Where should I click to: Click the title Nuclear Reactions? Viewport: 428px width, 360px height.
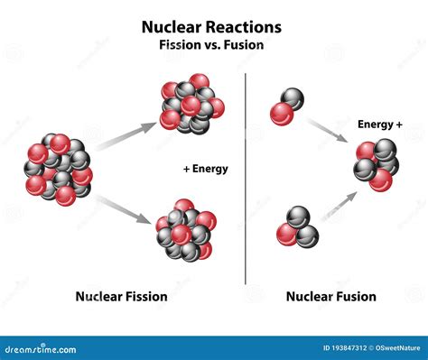coord(212,27)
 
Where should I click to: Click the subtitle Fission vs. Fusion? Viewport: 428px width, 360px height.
coord(212,45)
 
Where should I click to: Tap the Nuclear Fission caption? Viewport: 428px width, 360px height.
coord(121,295)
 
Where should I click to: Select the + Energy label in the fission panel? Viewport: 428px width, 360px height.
coord(204,169)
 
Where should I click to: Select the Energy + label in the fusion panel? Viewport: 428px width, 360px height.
coord(380,124)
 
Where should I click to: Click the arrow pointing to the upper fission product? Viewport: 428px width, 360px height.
coord(126,135)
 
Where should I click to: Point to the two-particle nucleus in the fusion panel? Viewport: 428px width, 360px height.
coord(287,106)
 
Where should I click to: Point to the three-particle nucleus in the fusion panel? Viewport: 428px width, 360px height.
coord(297,227)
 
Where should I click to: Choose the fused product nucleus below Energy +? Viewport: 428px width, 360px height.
coord(375,163)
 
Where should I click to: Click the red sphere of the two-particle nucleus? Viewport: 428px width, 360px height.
coord(282,113)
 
